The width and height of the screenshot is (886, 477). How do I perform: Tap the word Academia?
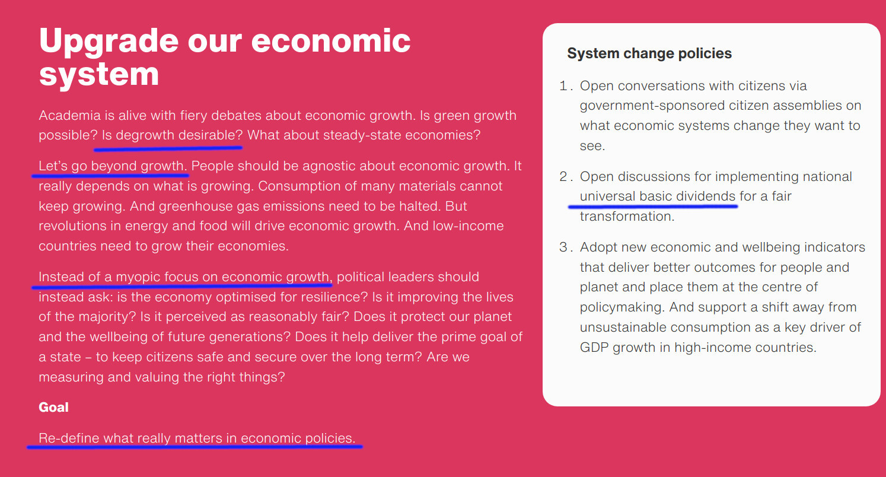(x=69, y=115)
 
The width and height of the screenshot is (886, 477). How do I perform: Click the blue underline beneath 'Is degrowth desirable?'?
(x=168, y=148)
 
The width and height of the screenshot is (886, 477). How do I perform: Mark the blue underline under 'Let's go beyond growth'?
(x=110, y=175)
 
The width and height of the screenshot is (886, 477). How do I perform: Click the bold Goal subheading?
(x=53, y=407)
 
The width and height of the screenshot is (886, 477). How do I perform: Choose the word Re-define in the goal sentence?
(x=69, y=438)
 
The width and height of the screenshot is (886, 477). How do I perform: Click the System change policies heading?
(x=649, y=53)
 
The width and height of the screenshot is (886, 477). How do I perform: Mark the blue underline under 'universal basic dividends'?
(x=653, y=206)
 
